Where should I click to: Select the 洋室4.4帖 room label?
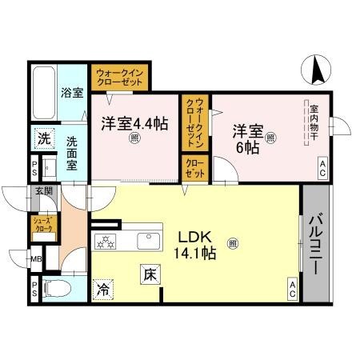tap(134, 124)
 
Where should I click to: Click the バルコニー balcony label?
tap(316, 244)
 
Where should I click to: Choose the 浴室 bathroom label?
tap(73, 93)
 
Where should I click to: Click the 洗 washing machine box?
tap(43, 138)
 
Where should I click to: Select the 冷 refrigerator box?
tap(104, 288)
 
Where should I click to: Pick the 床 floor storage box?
tap(150, 274)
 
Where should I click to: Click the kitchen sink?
tap(149, 240)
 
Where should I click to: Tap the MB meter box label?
tap(35, 259)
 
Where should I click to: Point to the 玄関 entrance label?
tap(43, 191)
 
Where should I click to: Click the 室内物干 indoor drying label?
tap(314, 124)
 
